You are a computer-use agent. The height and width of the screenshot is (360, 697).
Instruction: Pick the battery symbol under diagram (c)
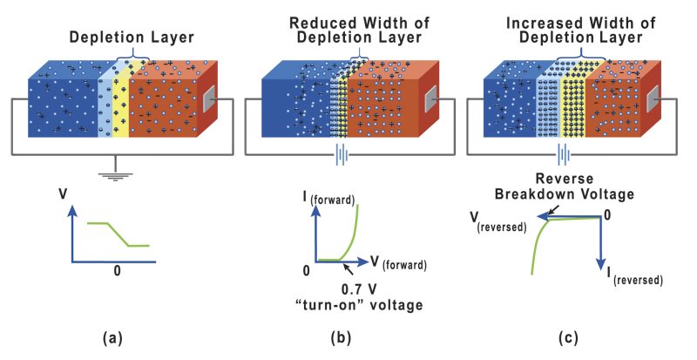[x=567, y=157]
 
